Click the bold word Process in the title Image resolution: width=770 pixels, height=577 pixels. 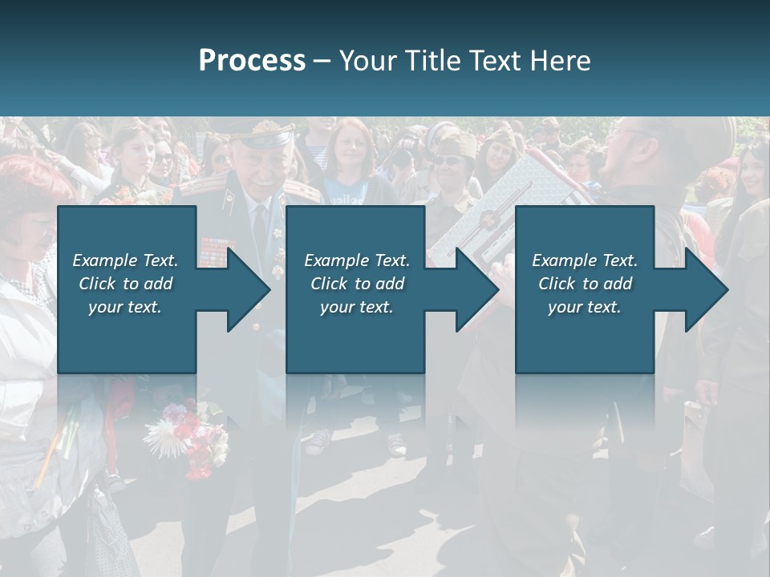[x=252, y=61]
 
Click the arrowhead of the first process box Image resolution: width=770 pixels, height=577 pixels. [x=245, y=289]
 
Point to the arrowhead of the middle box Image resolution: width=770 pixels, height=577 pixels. [x=473, y=289]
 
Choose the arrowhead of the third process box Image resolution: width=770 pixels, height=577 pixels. [x=703, y=289]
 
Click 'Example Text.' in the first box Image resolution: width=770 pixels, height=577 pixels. [x=125, y=260]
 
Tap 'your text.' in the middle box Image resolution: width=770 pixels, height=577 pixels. [x=356, y=307]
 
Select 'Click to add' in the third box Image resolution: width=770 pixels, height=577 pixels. [x=585, y=283]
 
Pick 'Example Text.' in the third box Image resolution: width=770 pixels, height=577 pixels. [x=585, y=260]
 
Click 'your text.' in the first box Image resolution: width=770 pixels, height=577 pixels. [x=125, y=307]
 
